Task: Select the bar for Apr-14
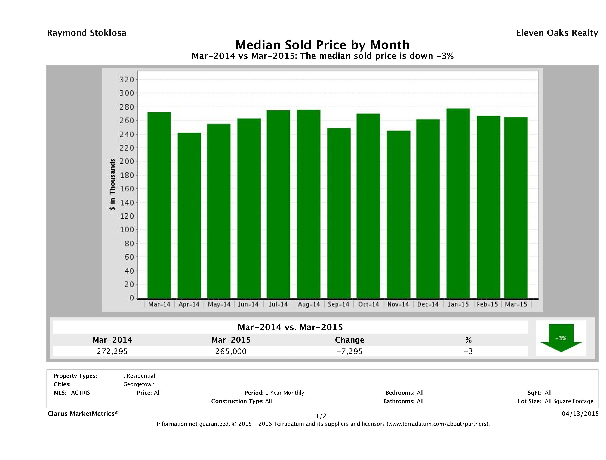(x=189, y=216)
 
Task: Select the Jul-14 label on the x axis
(x=278, y=304)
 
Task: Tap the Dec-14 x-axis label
(x=428, y=304)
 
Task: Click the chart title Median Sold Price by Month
(x=322, y=45)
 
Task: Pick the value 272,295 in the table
(x=112, y=351)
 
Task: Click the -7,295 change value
(x=350, y=351)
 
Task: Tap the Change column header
(x=350, y=340)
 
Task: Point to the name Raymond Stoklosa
(x=87, y=33)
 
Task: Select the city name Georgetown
(x=139, y=384)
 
